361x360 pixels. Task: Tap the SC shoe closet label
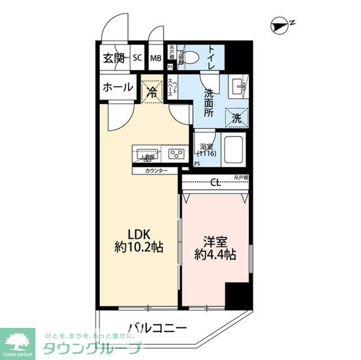(x=137, y=57)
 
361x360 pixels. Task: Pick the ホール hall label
(x=118, y=87)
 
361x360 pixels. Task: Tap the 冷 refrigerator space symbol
(x=152, y=92)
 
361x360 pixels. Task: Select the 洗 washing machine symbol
(x=236, y=118)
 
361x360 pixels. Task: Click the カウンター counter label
(x=156, y=170)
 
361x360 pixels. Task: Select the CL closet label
(x=215, y=182)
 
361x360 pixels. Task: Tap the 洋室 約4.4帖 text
(x=214, y=247)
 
